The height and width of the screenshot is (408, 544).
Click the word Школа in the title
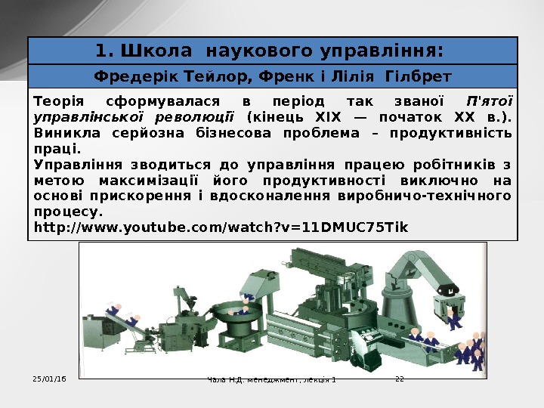[156, 51]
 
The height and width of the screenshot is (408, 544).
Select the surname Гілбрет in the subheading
[418, 76]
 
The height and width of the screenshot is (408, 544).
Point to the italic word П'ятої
[490, 101]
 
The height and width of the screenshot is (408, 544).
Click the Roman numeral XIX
[328, 117]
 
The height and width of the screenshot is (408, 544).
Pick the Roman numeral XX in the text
[464, 117]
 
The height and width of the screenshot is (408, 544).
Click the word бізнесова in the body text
[233, 133]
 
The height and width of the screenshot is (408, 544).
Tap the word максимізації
[149, 181]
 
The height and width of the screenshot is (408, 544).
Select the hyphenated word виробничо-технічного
[425, 196]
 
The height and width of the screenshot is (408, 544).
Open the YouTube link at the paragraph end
[221, 227]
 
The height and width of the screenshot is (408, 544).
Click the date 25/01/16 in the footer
[49, 379]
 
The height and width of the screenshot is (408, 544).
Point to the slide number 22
[400, 379]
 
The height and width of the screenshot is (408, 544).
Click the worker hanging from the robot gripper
[452, 320]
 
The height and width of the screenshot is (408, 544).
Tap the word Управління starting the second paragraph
[78, 165]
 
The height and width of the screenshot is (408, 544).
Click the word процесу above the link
[68, 212]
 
